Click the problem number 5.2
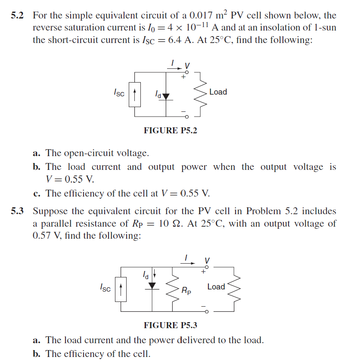[x=18, y=16]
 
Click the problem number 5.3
[x=18, y=211]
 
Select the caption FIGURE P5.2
[x=170, y=130]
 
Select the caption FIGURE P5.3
[x=170, y=325]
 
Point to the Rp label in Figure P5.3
[x=186, y=291]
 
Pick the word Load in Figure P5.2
[x=218, y=92]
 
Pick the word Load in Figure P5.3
[x=216, y=286]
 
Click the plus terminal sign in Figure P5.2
[x=183, y=77]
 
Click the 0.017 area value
[x=202, y=16]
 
